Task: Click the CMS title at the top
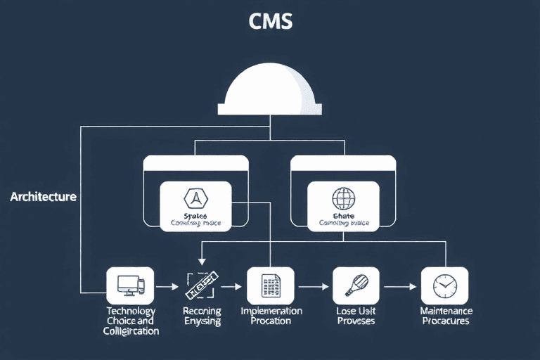(x=271, y=22)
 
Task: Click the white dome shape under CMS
(x=271, y=92)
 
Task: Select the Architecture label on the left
(x=43, y=197)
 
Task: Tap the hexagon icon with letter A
(x=195, y=198)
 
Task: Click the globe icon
(x=344, y=198)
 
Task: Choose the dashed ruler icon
(x=200, y=285)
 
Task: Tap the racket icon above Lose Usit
(x=355, y=285)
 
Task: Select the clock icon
(x=444, y=285)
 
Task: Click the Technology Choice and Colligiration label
(x=131, y=321)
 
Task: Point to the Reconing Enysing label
(x=202, y=316)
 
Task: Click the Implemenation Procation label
(x=271, y=316)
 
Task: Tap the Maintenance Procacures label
(x=446, y=316)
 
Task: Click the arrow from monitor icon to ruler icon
(x=167, y=286)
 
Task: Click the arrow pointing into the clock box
(x=400, y=286)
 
